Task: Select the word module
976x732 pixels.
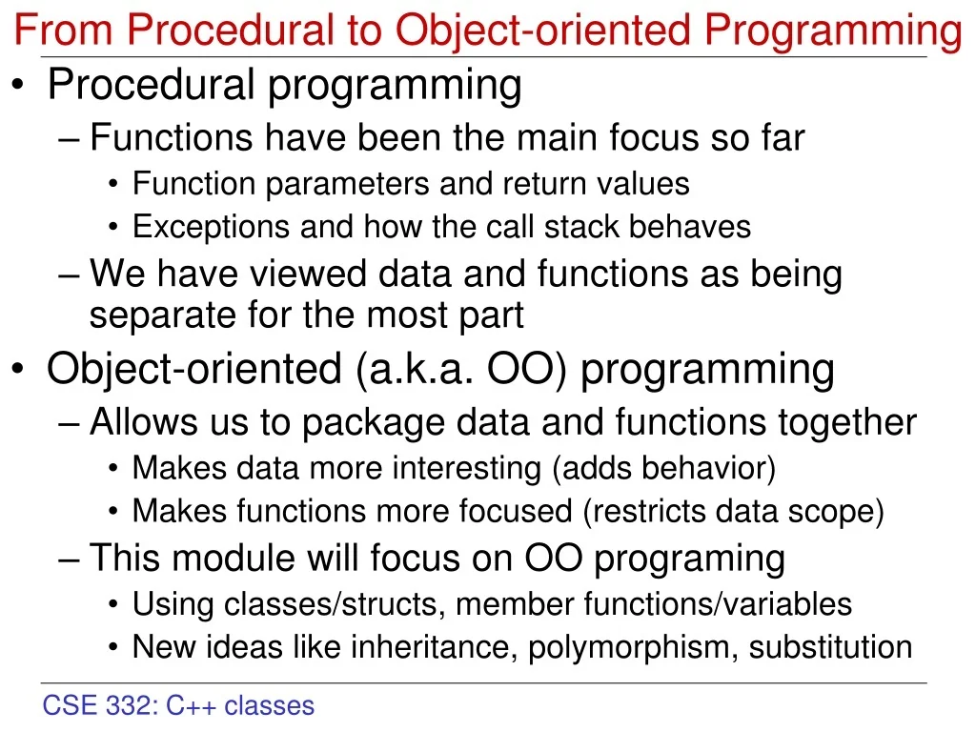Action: (233, 559)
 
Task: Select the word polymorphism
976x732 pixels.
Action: (633, 647)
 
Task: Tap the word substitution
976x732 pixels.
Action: (830, 647)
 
